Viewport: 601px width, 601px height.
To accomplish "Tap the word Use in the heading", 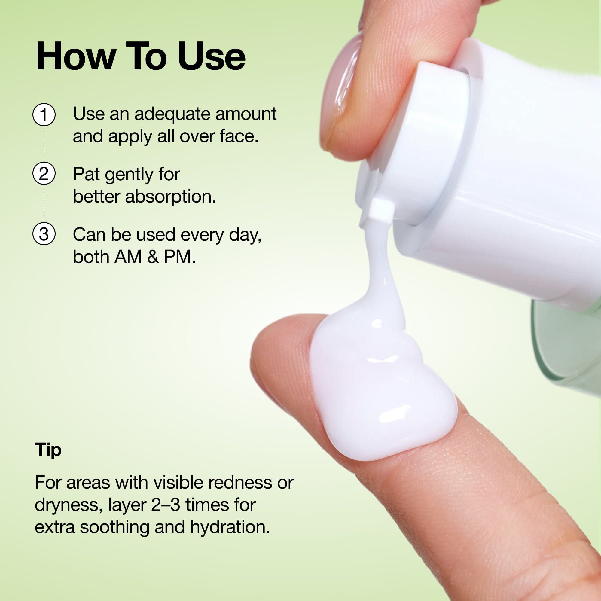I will (212, 56).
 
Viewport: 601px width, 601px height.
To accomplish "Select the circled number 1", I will (44, 115).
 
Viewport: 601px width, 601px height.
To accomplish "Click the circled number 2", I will (44, 174).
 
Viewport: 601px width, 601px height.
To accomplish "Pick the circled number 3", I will (44, 233).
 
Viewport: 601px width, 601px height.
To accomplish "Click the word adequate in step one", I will (173, 114).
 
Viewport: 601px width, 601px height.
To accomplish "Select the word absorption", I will (170, 197).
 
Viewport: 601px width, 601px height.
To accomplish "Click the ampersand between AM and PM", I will (153, 257).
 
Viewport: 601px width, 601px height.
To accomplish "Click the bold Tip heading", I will (48, 450).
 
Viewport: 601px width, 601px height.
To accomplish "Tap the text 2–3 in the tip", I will (166, 505).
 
